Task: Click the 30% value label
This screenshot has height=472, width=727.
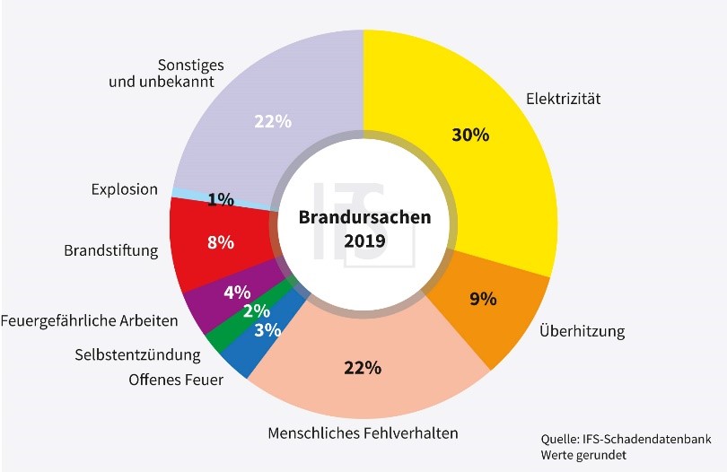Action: coord(469,135)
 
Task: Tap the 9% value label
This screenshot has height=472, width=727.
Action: coord(483,298)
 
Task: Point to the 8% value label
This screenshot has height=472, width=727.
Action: coord(221,242)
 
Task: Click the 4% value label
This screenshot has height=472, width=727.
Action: coord(237,292)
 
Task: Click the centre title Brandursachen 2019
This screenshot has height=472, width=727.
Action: coord(364,229)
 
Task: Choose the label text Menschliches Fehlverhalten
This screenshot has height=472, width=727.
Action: coord(363,433)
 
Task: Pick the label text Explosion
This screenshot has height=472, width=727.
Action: coord(125,189)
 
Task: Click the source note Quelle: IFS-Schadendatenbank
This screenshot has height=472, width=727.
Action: coord(626,439)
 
